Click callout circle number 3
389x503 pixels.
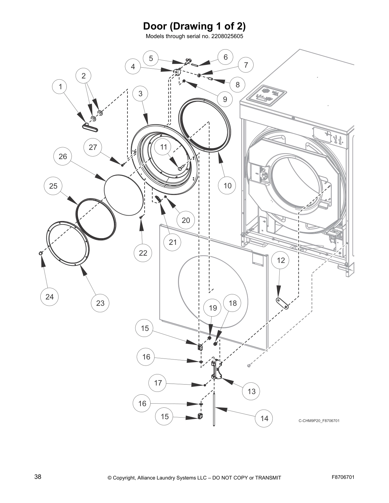140,94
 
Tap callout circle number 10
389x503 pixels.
228,185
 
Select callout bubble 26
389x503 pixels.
63,156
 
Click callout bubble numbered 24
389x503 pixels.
50,297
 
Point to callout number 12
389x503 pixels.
281,260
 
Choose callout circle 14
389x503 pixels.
264,419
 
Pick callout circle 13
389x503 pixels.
251,391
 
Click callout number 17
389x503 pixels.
158,383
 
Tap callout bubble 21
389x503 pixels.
173,242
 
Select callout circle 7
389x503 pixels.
246,65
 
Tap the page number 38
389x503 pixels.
38,477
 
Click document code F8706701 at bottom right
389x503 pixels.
343,477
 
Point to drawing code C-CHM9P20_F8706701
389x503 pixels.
319,421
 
